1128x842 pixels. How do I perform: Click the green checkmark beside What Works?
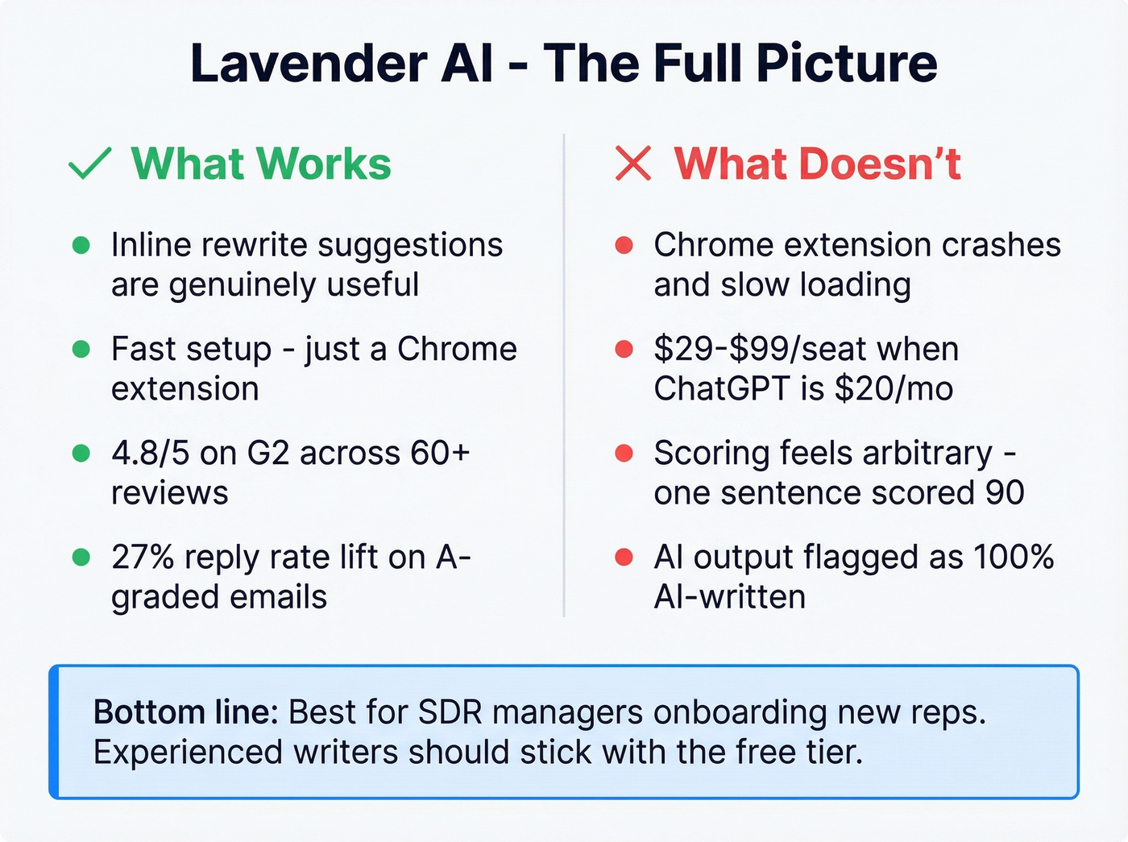pyautogui.click(x=89, y=164)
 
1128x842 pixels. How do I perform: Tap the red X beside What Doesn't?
pyautogui.click(x=632, y=164)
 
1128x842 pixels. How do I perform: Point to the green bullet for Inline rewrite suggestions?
pyautogui.click(x=81, y=245)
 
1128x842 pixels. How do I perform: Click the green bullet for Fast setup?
pyautogui.click(x=81, y=349)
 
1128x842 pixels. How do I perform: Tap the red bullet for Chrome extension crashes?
pyautogui.click(x=624, y=245)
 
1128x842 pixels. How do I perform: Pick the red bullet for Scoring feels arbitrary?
pyautogui.click(x=624, y=453)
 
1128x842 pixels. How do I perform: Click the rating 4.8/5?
pyautogui.click(x=151, y=453)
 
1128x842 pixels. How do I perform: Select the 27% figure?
pyautogui.click(x=143, y=557)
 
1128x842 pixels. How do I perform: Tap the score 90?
pyautogui.click(x=1004, y=492)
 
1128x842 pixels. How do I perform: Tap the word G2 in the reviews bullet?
pyautogui.click(x=267, y=453)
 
